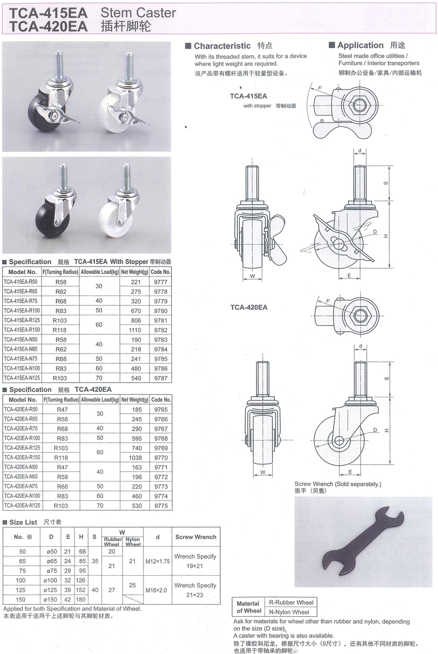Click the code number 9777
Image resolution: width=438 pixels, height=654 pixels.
161,282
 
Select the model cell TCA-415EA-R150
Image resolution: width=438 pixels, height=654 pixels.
22,330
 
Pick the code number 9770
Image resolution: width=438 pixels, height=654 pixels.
161,456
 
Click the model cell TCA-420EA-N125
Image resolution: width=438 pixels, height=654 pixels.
22,506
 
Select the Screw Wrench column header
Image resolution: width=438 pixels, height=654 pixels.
195,537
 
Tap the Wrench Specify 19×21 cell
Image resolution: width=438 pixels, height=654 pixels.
195,560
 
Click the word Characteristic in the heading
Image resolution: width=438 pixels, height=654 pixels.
222,46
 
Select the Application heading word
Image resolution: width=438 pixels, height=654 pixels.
360,45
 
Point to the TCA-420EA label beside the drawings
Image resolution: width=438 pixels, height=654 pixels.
249,307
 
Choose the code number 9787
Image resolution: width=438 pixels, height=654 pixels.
161,378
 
